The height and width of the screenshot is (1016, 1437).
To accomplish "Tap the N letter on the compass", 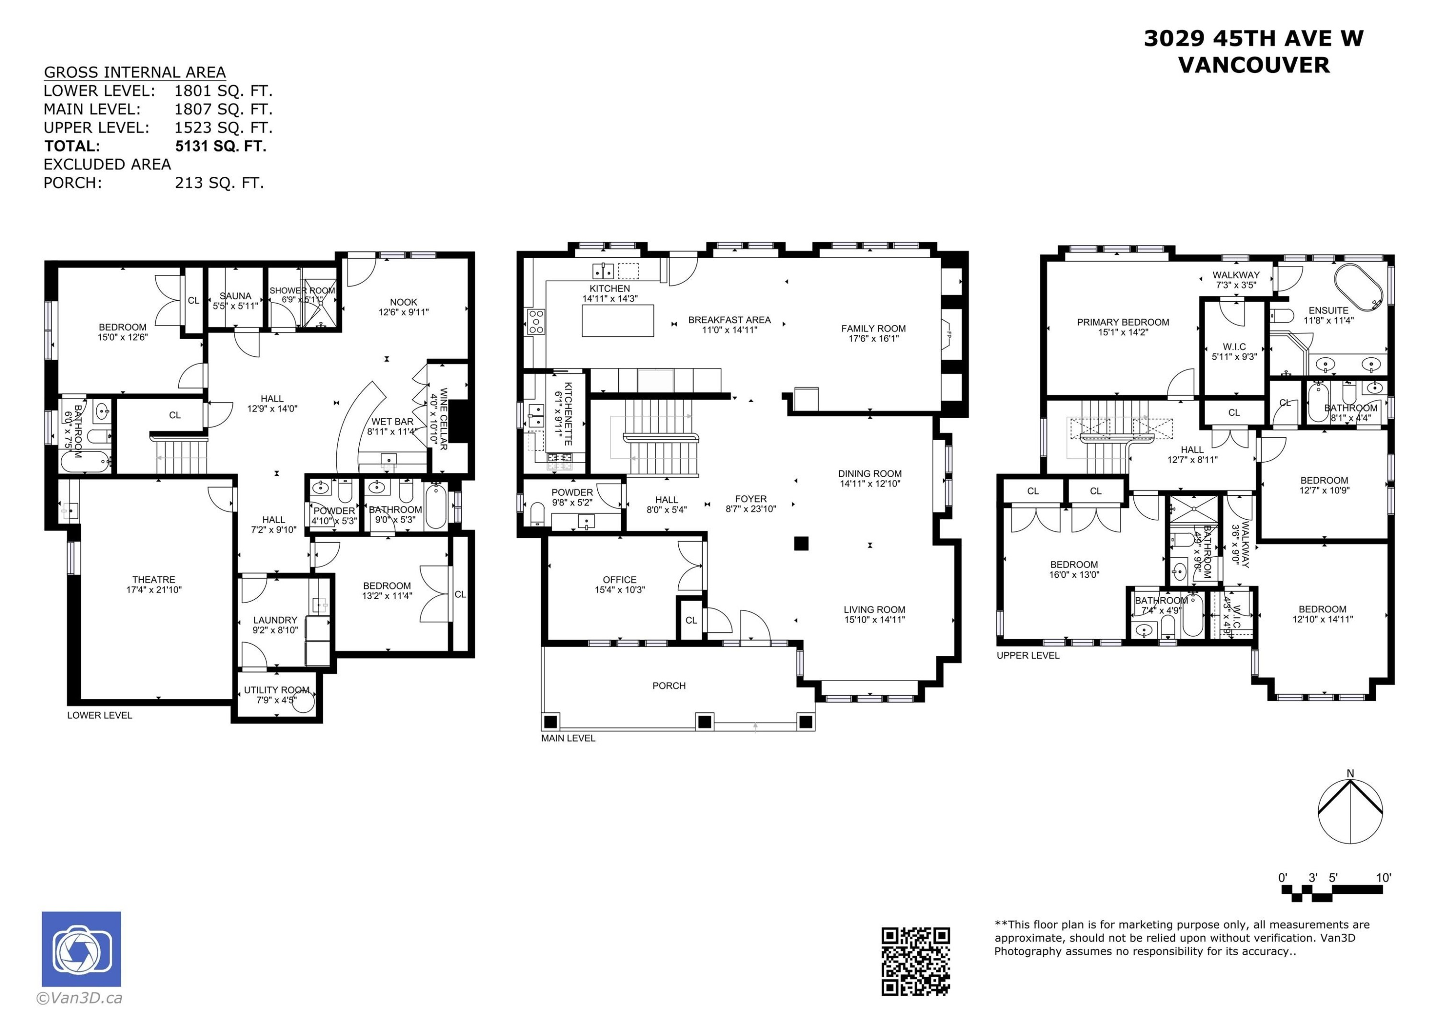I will pyautogui.click(x=1350, y=774).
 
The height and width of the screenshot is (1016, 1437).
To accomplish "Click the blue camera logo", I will pyautogui.click(x=81, y=949).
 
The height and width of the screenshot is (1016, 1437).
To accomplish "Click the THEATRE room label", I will pyautogui.click(x=153, y=580).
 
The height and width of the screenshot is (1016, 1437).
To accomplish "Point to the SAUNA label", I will pyautogui.click(x=235, y=296).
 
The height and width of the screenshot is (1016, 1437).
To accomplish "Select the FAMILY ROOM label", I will pyautogui.click(x=873, y=329).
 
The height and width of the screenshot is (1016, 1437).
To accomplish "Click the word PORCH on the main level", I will pyautogui.click(x=668, y=686).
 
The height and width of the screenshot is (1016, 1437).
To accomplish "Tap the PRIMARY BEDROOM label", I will pyautogui.click(x=1122, y=322).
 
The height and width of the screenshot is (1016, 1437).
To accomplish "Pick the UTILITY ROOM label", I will pyautogui.click(x=276, y=690).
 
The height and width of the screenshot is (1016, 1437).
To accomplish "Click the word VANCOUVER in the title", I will pyautogui.click(x=1253, y=65).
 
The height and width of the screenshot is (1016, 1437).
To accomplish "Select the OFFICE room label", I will pyautogui.click(x=619, y=580).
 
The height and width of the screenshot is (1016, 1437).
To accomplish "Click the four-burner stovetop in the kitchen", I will pyautogui.click(x=536, y=321).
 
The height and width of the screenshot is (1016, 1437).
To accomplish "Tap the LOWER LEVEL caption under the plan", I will pyautogui.click(x=100, y=715).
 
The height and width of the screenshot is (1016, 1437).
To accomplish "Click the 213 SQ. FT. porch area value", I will pyautogui.click(x=219, y=183).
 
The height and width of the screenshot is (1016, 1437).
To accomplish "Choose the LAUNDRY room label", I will pyautogui.click(x=275, y=620).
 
